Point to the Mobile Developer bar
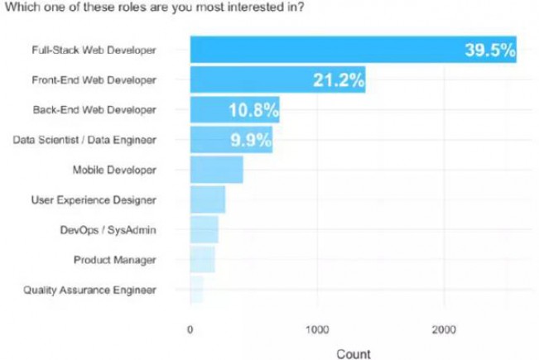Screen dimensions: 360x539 [x=216, y=170]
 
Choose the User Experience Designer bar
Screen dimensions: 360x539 [x=207, y=199]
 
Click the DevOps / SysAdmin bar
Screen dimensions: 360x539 [x=204, y=229]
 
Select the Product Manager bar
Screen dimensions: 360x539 [x=202, y=260]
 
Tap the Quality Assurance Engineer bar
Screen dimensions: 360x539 [x=196, y=290]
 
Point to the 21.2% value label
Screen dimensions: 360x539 [x=339, y=79]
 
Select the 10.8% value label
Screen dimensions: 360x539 [x=252, y=109]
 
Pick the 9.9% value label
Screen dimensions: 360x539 [x=250, y=139]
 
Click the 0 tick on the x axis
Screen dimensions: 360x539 [x=190, y=329]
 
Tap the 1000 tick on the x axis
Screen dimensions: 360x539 [x=317, y=329]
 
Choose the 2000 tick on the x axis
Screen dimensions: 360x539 [x=444, y=329]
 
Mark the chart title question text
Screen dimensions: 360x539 [x=155, y=9]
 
